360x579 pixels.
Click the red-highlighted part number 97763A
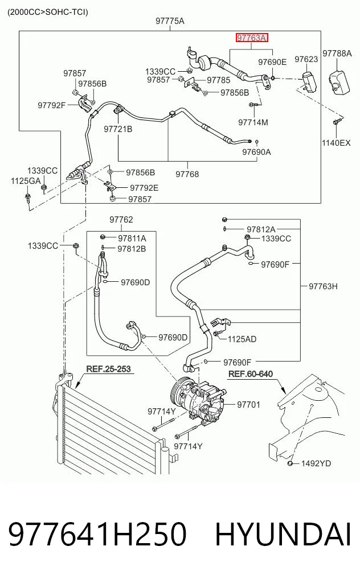(x=252, y=38)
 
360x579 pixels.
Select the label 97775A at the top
(x=170, y=21)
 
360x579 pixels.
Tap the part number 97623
(x=306, y=59)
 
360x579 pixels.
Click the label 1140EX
(x=336, y=142)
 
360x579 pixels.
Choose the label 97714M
(x=253, y=122)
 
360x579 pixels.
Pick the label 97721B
(x=118, y=129)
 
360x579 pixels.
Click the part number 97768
(x=187, y=174)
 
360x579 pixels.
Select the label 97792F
(x=51, y=105)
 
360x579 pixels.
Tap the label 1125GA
(x=26, y=181)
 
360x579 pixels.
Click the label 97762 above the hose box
(x=121, y=220)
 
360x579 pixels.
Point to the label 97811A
(x=132, y=239)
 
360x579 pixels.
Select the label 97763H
(x=323, y=286)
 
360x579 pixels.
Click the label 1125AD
(x=242, y=339)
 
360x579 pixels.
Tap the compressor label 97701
(x=249, y=405)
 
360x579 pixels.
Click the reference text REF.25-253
(x=109, y=369)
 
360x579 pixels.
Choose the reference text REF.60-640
(x=251, y=374)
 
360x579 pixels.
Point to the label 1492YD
(x=316, y=463)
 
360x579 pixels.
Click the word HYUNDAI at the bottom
(x=283, y=535)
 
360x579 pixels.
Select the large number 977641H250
(x=97, y=535)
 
